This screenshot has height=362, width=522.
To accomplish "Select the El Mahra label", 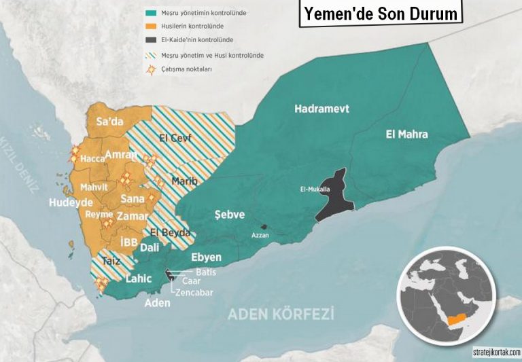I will point(406,134).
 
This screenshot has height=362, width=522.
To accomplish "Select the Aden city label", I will point(158,303).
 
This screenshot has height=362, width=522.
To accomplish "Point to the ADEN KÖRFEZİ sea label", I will point(281,314).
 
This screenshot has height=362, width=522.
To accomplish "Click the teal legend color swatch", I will point(150,12).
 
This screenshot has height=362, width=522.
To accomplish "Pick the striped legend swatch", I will point(150,55).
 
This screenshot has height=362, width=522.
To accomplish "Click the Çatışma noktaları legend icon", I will point(150,69).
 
